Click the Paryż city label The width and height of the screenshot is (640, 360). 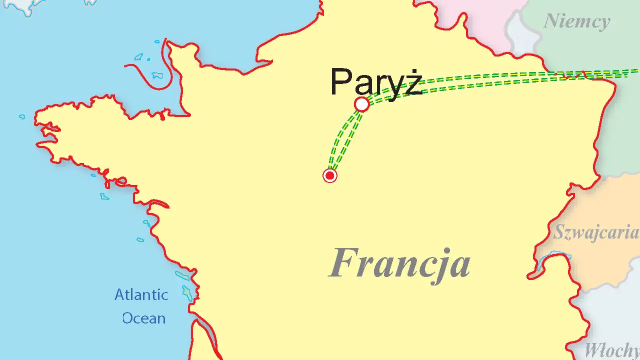376,82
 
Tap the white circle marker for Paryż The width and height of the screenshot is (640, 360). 361,104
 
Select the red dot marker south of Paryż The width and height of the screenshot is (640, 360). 329,175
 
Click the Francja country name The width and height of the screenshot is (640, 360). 399,263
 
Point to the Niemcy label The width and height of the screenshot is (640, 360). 576,21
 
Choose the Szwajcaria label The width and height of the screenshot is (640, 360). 595,233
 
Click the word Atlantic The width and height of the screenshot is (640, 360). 141,294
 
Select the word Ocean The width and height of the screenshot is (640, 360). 144,318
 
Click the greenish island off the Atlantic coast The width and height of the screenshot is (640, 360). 187,293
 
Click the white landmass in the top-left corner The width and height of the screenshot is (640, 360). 20,5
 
